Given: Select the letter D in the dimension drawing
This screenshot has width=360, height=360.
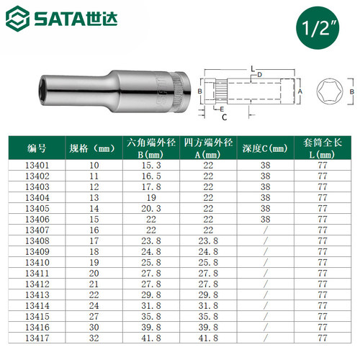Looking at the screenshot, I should [x=258, y=74].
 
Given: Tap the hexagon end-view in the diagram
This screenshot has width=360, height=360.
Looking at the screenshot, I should [x=326, y=92].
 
